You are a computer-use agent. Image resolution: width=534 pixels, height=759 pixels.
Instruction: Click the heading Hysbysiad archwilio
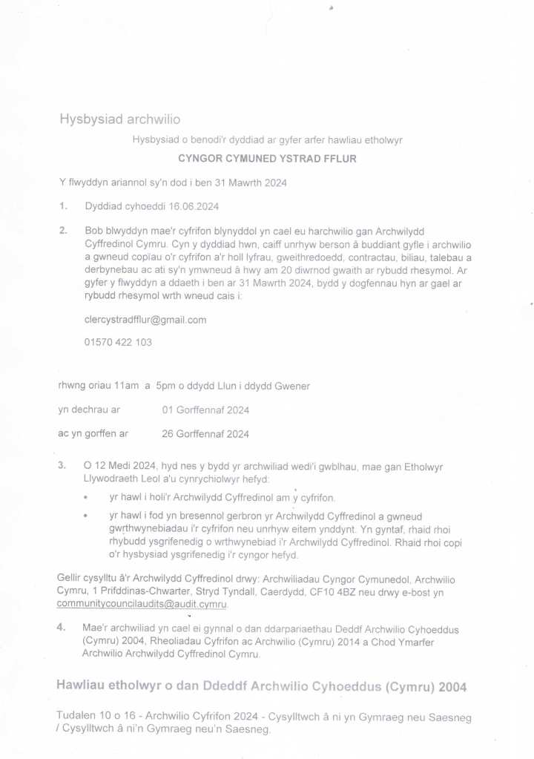point(119,119)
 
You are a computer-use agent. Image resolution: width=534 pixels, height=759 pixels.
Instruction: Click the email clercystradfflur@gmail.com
point(145,320)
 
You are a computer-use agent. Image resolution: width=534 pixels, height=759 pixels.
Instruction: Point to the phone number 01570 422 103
point(119,342)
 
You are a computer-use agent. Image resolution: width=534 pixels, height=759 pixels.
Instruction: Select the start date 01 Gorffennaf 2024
point(205,410)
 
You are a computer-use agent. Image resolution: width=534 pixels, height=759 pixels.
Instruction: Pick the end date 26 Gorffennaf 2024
point(205,434)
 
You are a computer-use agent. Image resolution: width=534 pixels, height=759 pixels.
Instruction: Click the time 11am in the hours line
point(127,386)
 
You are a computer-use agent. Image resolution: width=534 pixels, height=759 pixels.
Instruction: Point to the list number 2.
point(63,231)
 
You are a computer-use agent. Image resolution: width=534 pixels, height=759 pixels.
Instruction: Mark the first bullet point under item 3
point(87,497)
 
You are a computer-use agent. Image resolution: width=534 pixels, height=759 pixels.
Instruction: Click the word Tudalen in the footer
point(77,717)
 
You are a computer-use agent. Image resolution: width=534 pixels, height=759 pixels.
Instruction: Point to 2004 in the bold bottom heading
point(452,687)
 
